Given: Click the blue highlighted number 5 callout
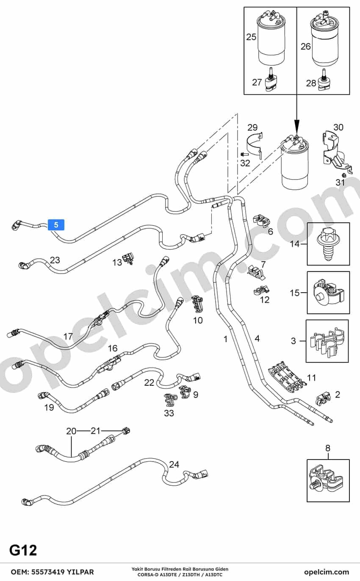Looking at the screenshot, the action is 56,224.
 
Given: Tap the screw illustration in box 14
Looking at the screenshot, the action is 327,244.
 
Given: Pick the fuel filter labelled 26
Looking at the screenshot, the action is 326,39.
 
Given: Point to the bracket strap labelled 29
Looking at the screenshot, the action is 255,146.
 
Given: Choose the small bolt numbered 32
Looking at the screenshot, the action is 244,154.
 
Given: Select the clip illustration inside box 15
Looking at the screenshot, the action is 328,293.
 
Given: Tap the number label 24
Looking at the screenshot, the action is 174,464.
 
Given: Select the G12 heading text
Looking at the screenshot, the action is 23,551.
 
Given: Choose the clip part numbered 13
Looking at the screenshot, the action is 129,258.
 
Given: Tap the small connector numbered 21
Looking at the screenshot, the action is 126,431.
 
